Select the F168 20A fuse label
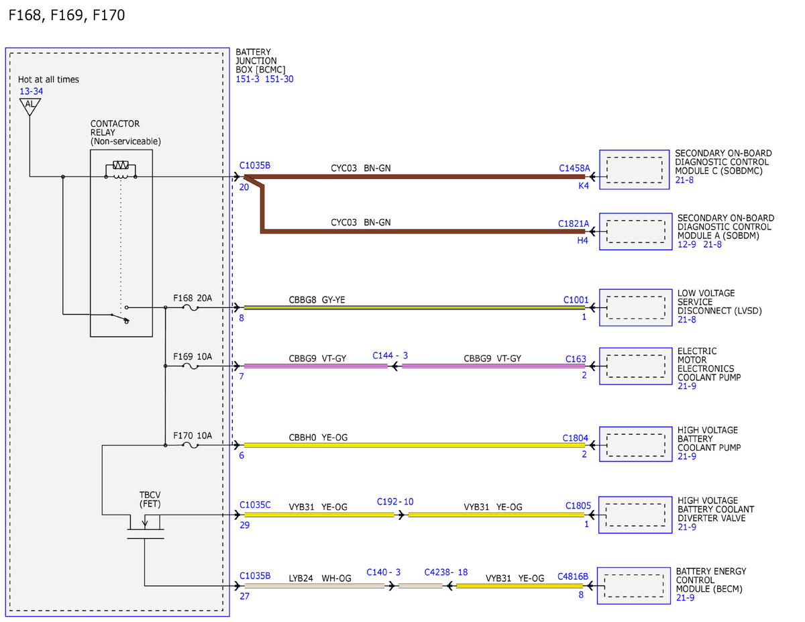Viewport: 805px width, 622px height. pyautogui.click(x=193, y=298)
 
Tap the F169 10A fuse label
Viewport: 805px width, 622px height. pyautogui.click(x=193, y=357)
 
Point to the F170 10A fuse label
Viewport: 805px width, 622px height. pyautogui.click(x=193, y=435)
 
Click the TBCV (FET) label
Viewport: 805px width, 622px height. pyautogui.click(x=150, y=499)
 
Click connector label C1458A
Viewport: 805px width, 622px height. pyautogui.click(x=574, y=168)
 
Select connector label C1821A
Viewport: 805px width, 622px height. pyautogui.click(x=574, y=223)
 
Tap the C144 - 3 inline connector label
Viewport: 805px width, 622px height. pyautogui.click(x=390, y=356)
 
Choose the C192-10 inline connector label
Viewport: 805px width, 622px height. pyautogui.click(x=395, y=502)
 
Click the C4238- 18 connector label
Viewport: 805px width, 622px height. pyautogui.click(x=446, y=572)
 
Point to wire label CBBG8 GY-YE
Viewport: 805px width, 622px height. pyautogui.click(x=317, y=300)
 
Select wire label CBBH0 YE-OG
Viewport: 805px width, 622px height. pyautogui.click(x=318, y=437)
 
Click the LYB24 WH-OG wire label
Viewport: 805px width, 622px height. pyautogui.click(x=320, y=578)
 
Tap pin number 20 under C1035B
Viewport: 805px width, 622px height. pyautogui.click(x=244, y=187)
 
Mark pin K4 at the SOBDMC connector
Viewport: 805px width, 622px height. pyautogui.click(x=584, y=186)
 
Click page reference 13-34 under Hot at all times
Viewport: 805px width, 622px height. pyautogui.click(x=31, y=91)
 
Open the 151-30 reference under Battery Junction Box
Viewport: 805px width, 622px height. pyautogui.click(x=279, y=79)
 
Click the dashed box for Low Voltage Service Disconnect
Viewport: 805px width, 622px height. pyautogui.click(x=636, y=307)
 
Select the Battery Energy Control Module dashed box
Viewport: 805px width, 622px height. pyautogui.click(x=634, y=586)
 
